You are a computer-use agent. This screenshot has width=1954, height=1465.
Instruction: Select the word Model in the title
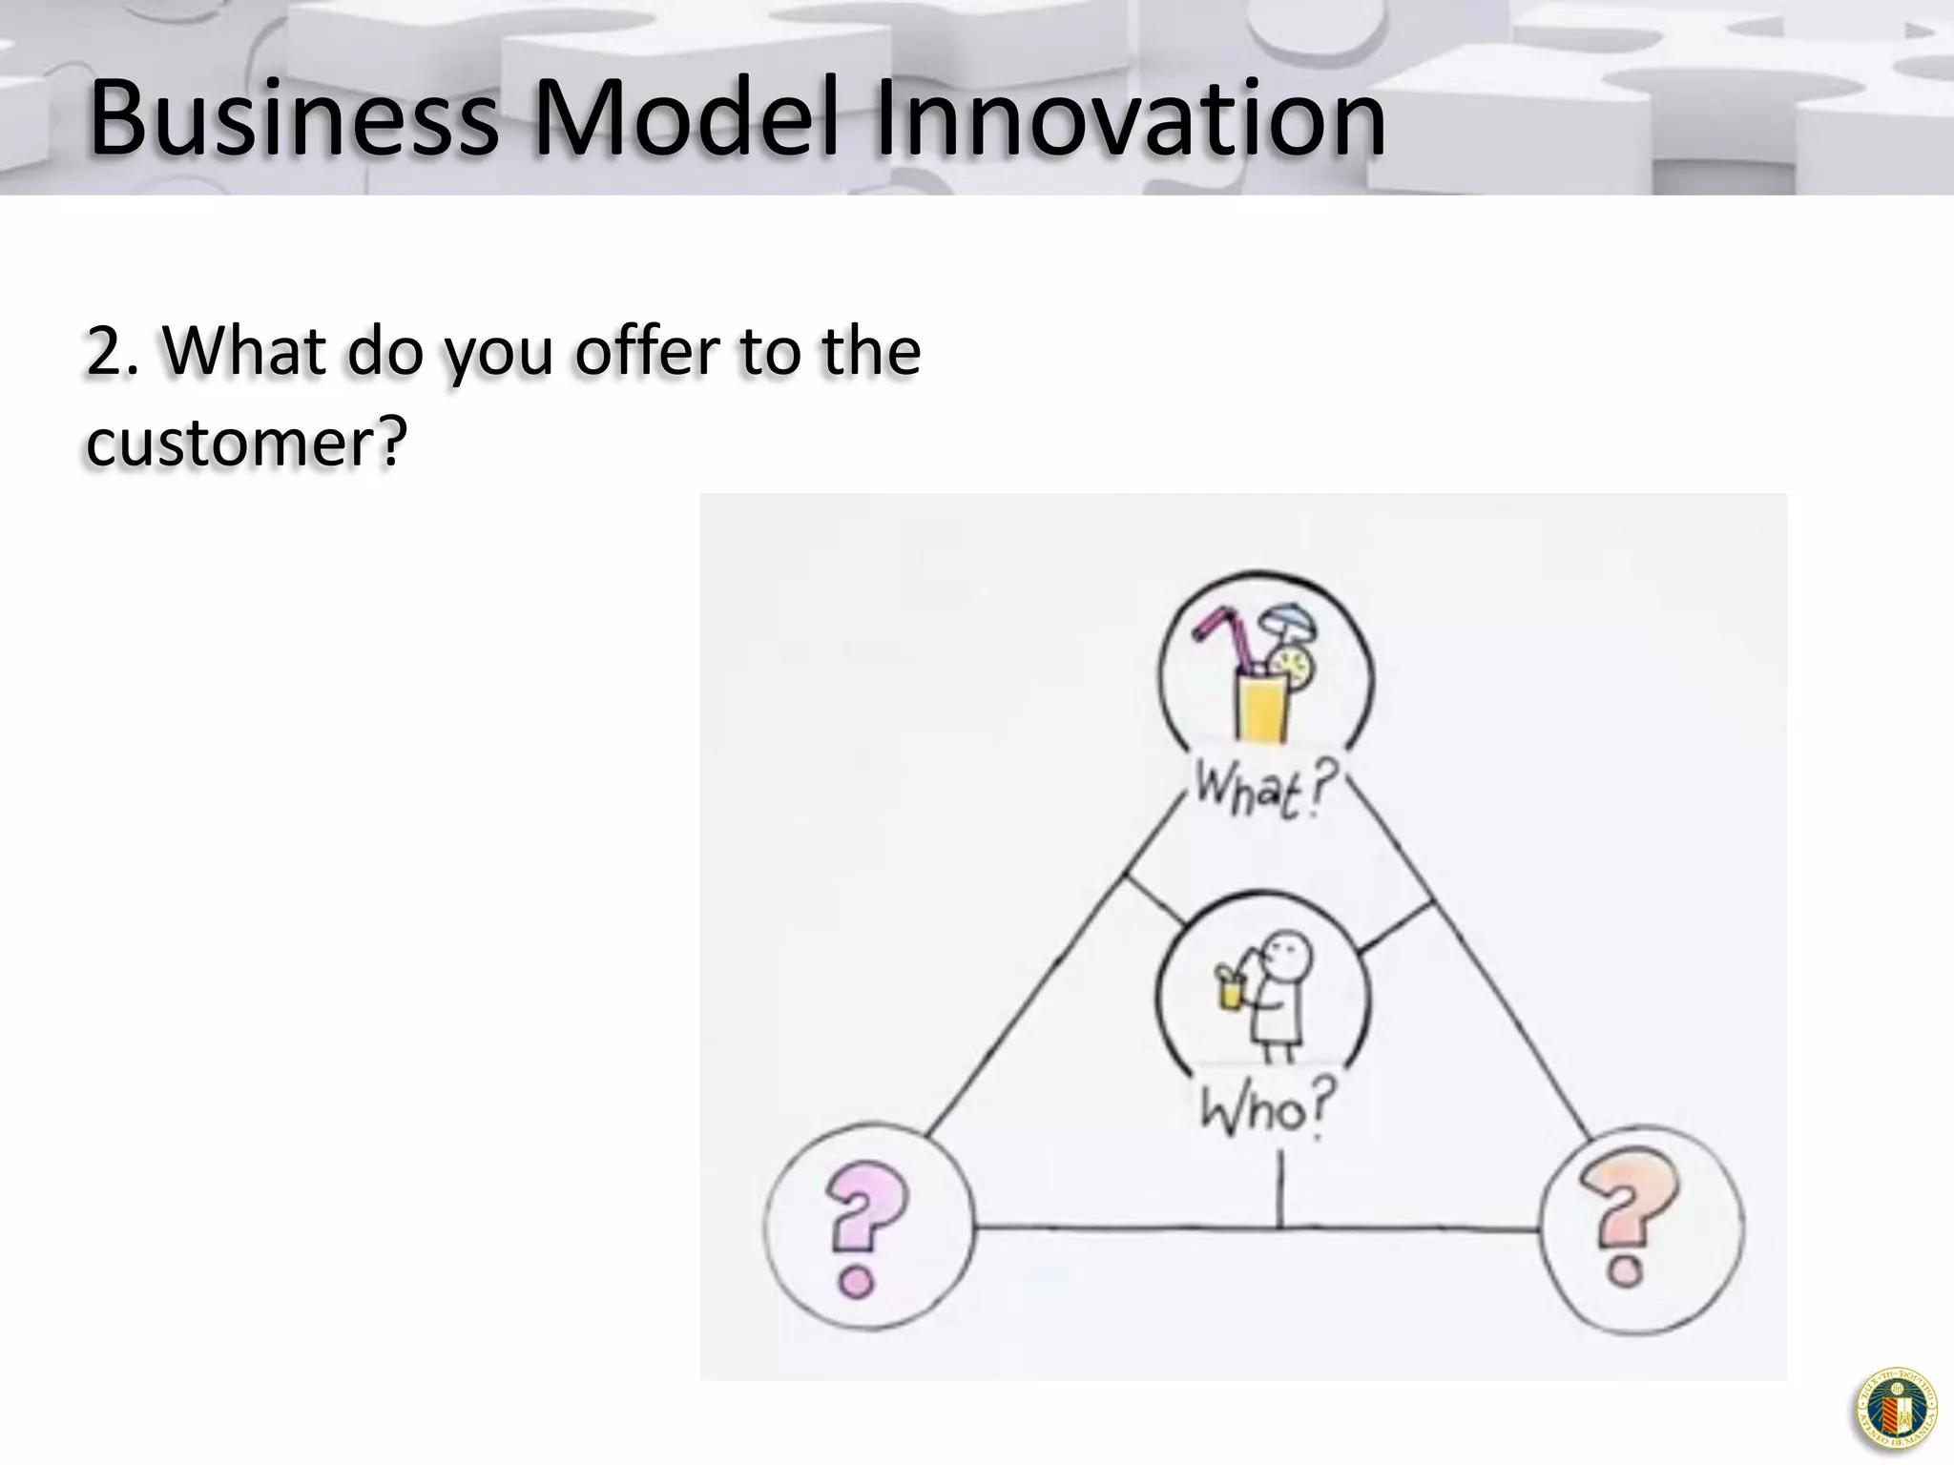tap(687, 119)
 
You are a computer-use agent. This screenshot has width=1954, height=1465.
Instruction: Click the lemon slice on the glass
tap(1296, 665)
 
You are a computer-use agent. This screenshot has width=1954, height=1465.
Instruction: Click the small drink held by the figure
tap(1230, 992)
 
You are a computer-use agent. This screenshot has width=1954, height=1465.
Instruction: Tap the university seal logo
tap(1896, 1409)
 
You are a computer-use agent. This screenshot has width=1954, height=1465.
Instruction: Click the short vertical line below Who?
tap(1278, 1187)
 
